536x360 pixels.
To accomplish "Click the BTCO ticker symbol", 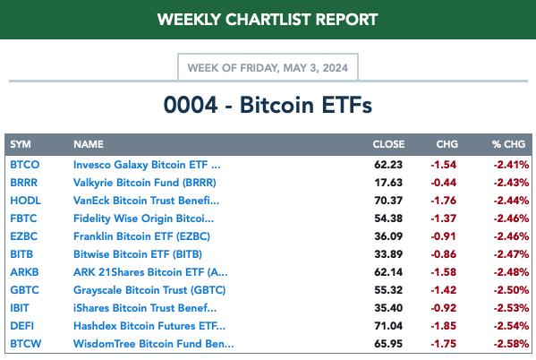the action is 25,165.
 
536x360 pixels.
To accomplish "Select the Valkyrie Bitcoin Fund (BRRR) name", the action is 145,183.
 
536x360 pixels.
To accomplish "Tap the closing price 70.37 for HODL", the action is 388,201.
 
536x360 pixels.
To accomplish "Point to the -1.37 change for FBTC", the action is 443,219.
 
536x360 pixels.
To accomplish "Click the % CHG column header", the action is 508,144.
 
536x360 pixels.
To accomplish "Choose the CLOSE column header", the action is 388,144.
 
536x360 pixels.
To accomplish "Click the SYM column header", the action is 21,144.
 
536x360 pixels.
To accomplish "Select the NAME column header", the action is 89,144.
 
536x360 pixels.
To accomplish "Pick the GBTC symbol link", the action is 25,290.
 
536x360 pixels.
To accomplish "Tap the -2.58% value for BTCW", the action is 511,344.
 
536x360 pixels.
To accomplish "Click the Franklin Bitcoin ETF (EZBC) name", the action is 141,236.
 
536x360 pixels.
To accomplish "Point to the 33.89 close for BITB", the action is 388,254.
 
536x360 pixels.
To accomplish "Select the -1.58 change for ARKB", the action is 443,272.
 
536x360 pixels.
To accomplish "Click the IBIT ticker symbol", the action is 20,308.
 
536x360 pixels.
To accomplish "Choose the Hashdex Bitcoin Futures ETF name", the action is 149,326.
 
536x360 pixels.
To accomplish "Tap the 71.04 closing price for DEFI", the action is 388,326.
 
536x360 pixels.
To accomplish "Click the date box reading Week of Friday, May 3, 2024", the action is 268,67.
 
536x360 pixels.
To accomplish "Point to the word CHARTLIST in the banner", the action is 268,20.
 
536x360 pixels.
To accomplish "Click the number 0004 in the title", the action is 191,105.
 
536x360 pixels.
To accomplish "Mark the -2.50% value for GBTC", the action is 511,290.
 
